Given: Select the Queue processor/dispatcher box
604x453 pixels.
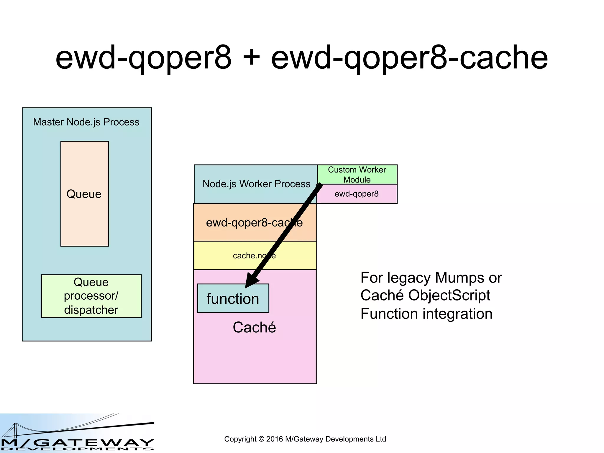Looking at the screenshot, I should click(x=91, y=296).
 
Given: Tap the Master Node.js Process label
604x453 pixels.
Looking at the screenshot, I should click(x=86, y=122).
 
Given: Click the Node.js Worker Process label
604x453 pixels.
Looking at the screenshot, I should click(x=256, y=184).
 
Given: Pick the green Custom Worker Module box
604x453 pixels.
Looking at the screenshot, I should click(x=357, y=174).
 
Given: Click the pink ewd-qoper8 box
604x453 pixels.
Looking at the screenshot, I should click(x=357, y=194).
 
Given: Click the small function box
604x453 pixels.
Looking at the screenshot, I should click(x=233, y=299).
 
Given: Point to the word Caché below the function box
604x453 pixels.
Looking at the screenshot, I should click(x=254, y=327).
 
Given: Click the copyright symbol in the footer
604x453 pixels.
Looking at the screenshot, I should click(x=261, y=439).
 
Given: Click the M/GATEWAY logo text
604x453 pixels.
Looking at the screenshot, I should click(x=77, y=443).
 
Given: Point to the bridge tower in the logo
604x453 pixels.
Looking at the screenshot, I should click(x=16, y=430).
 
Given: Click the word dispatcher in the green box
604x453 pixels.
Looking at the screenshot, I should click(x=91, y=310).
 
